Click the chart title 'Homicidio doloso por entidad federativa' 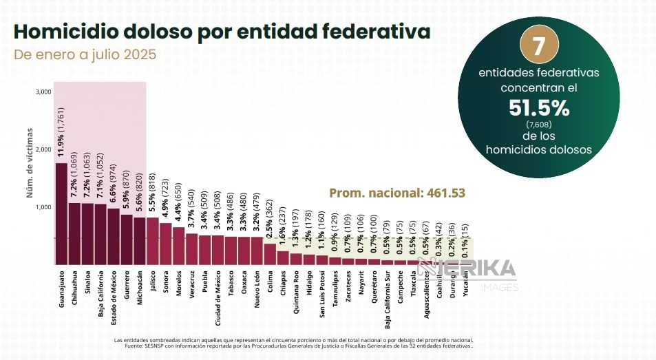(x=222, y=31)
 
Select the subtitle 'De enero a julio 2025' (x=85, y=54)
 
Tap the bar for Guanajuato (x=61, y=213)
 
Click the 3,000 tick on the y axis (x=43, y=92)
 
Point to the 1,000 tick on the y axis (x=43, y=207)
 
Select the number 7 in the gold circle (x=539, y=45)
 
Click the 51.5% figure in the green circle (x=539, y=107)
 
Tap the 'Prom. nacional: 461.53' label (x=397, y=193)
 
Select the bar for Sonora (x=166, y=243)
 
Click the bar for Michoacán (x=140, y=241)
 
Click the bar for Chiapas (x=283, y=257)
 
